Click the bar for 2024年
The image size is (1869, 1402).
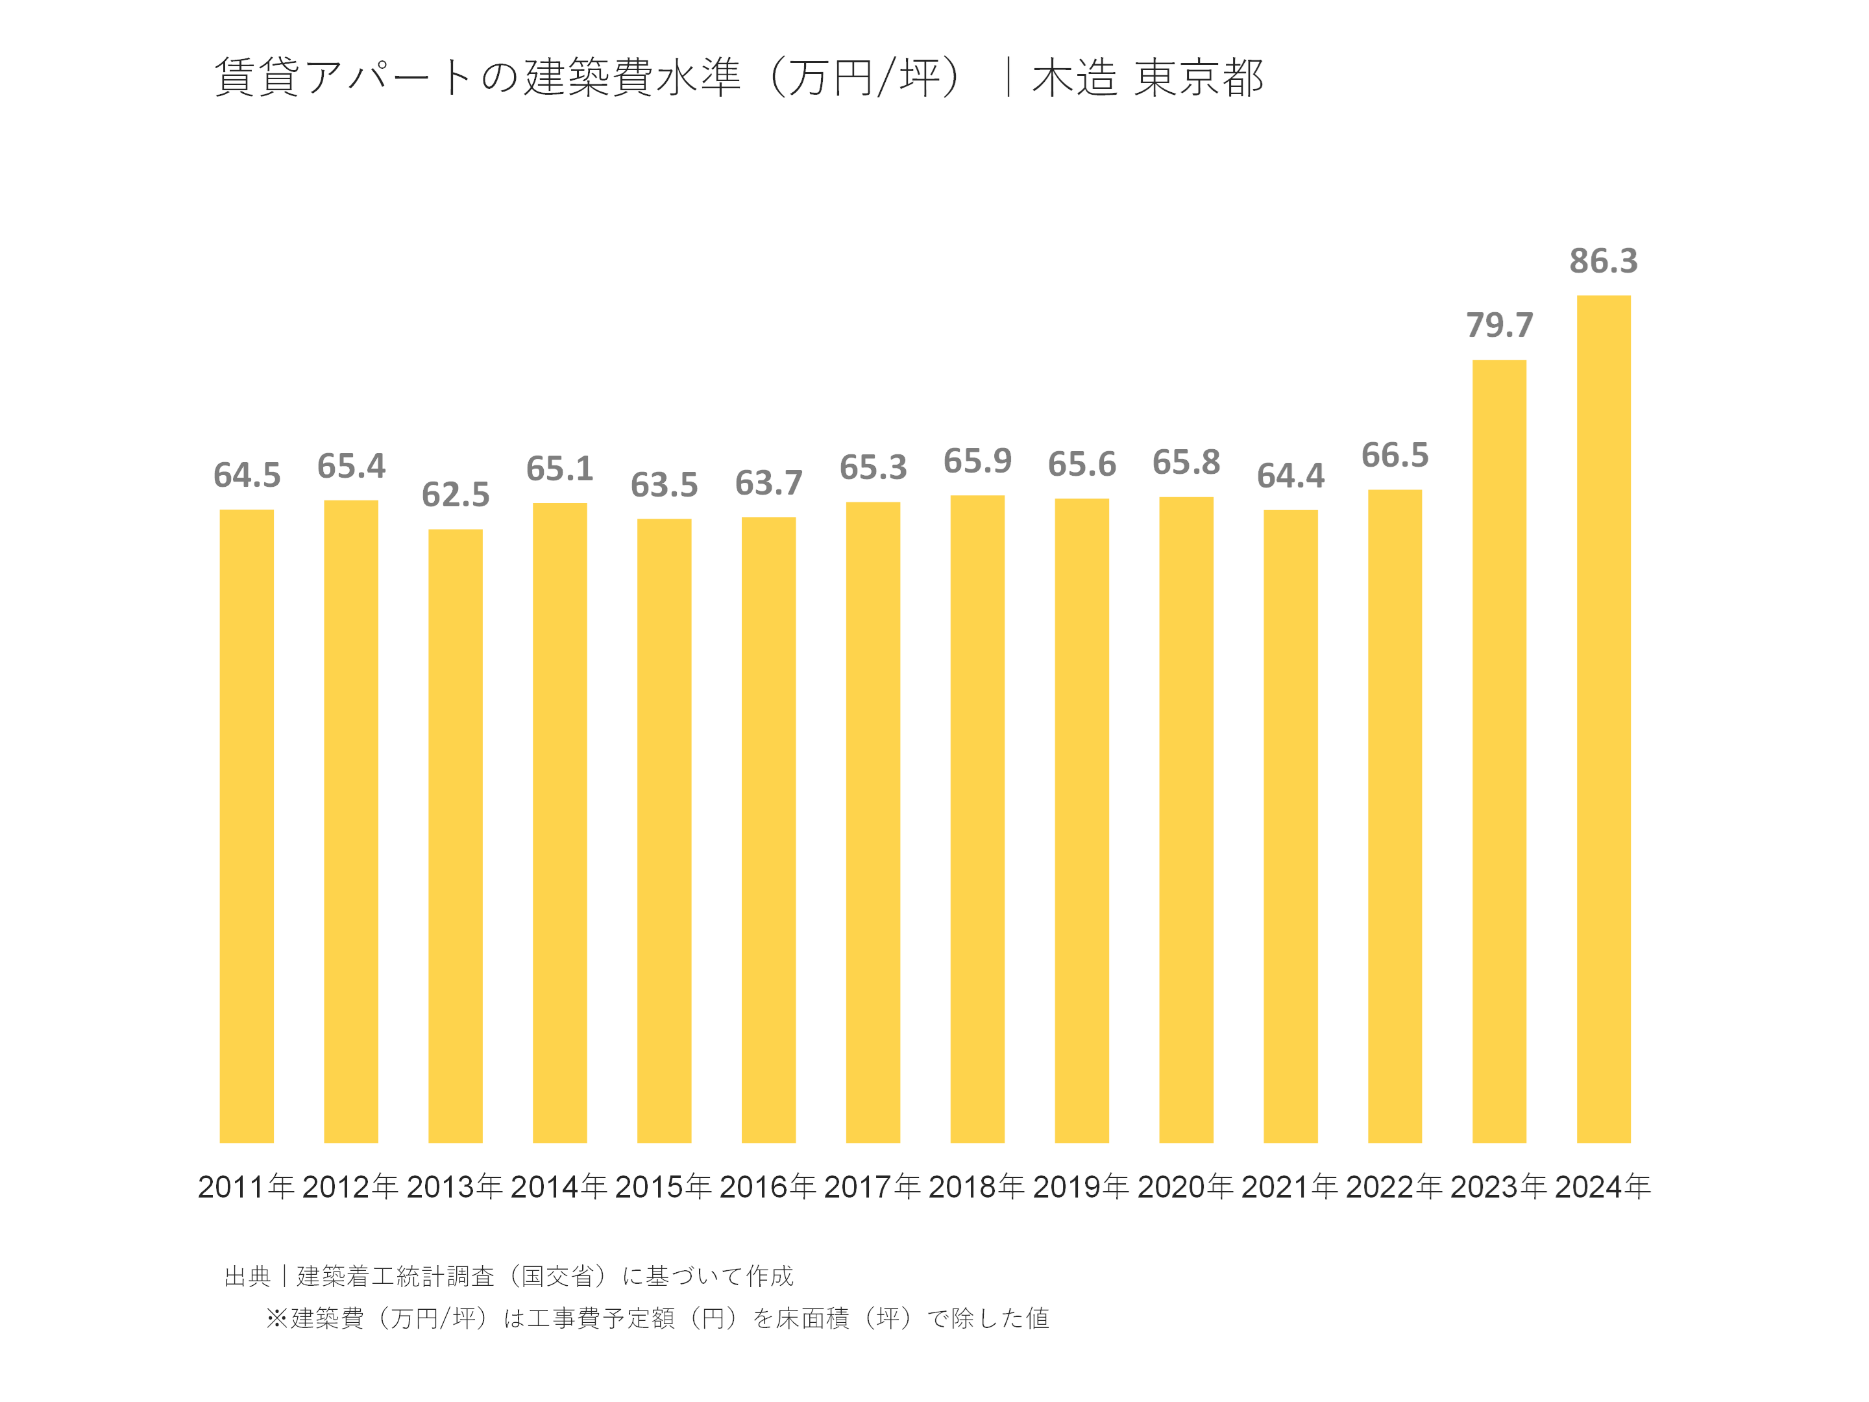1603,719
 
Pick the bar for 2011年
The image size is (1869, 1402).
247,826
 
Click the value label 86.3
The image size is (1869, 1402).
1603,261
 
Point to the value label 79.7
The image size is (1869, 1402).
1499,325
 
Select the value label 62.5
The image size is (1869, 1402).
456,495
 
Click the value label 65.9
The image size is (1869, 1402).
977,461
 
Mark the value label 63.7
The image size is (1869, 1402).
768,484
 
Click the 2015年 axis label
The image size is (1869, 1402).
663,1187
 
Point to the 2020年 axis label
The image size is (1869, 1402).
1186,1187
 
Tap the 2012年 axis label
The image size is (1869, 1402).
350,1187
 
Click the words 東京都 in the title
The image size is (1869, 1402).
1198,78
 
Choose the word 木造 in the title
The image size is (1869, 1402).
1074,78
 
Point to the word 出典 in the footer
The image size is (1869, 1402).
247,1276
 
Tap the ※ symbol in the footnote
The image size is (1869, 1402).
276,1318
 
